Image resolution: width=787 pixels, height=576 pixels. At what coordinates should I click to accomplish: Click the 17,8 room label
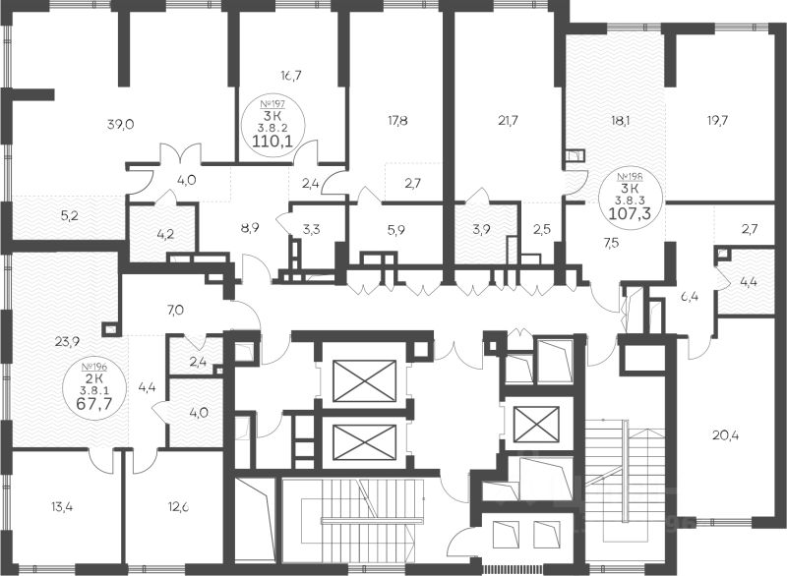pyautogui.click(x=398, y=121)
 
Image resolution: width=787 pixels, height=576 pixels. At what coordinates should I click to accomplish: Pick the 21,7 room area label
pyautogui.click(x=509, y=121)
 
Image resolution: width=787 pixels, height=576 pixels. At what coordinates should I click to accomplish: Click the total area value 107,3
pyautogui.click(x=630, y=210)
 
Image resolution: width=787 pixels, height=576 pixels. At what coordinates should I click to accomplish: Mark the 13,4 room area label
pyautogui.click(x=60, y=508)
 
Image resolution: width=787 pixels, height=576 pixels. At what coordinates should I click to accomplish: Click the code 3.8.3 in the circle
pyautogui.click(x=630, y=197)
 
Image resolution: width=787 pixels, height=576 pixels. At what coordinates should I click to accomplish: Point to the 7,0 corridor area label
pyautogui.click(x=175, y=311)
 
